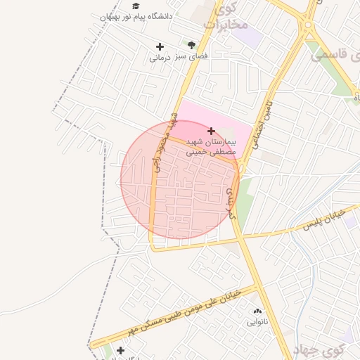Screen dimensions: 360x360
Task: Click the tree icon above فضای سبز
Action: [191, 45]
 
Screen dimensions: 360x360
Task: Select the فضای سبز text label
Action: [191, 56]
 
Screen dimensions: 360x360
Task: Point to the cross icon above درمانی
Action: [160, 47]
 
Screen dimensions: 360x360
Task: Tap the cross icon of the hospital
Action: [211, 131]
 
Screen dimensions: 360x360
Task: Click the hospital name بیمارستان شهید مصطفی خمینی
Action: [211, 146]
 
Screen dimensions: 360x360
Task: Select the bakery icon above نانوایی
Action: [257, 310]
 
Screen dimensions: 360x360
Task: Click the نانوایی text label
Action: [257, 322]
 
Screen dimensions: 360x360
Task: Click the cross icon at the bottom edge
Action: [121, 350]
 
